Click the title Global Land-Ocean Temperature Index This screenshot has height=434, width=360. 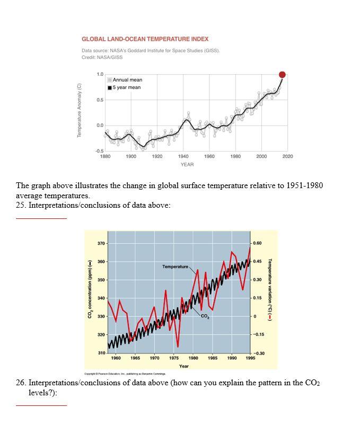(145, 39)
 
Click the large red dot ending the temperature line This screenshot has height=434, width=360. (282, 75)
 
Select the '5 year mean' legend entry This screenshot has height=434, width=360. (126, 87)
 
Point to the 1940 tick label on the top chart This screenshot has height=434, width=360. (183, 156)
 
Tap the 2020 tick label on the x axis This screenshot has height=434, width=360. (287, 156)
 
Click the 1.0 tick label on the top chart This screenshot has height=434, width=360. (100, 74)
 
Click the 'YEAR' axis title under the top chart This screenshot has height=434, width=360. (187, 165)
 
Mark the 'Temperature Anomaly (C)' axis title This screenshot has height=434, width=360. (80, 110)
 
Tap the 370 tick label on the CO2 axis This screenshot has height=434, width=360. (101, 243)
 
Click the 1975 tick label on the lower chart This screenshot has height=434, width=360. (174, 358)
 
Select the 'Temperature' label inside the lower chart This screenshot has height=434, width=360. (175, 266)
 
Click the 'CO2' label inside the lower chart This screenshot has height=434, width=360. (205, 317)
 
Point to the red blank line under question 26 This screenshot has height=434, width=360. (41, 405)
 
